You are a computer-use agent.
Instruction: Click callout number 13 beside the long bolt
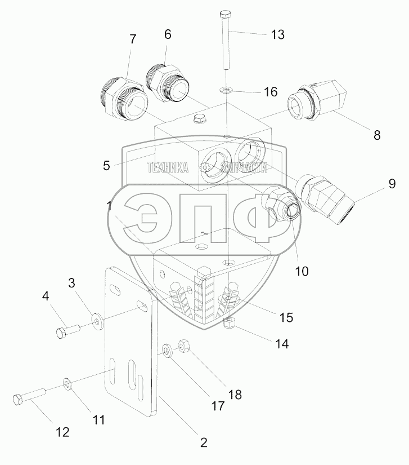pos(277,34)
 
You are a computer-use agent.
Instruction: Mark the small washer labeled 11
pos(68,384)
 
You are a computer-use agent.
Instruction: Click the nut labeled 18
pos(183,344)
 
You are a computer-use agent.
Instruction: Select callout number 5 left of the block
pos(106,166)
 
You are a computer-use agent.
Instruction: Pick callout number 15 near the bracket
pos(285,317)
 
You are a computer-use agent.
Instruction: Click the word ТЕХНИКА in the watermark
pos(168,167)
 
